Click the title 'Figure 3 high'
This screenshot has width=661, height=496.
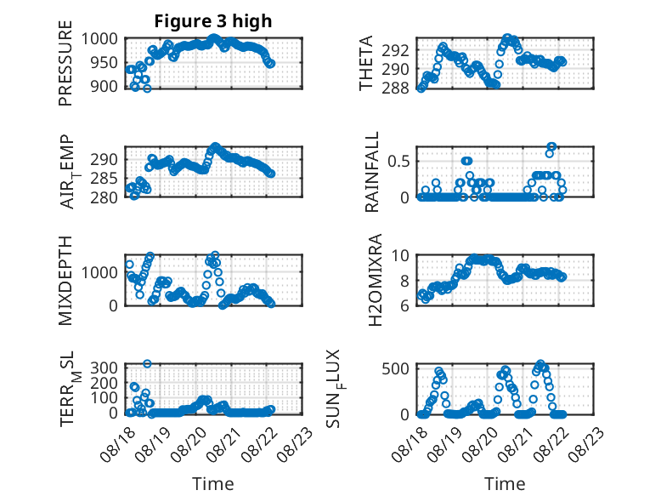click(x=213, y=21)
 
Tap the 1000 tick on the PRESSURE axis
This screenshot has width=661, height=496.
click(x=99, y=39)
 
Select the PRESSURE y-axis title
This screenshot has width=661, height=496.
click(x=65, y=63)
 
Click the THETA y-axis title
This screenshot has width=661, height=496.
click(x=366, y=63)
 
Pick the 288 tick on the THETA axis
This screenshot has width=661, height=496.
click(x=395, y=88)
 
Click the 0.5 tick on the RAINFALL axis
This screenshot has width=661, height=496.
click(x=398, y=161)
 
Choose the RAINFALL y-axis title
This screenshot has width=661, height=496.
click(x=372, y=172)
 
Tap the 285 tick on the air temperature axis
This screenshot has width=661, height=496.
click(x=104, y=178)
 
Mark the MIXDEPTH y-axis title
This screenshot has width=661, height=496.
click(x=65, y=281)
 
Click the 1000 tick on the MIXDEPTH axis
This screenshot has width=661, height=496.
click(x=99, y=272)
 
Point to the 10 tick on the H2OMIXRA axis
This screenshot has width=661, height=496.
click(x=400, y=255)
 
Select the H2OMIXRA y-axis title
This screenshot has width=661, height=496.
click(x=375, y=280)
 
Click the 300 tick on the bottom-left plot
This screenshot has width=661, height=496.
click(x=104, y=368)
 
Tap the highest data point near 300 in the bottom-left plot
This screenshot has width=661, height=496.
click(x=147, y=363)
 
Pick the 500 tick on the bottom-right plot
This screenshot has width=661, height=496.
click(x=395, y=368)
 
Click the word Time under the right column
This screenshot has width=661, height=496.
click(x=505, y=483)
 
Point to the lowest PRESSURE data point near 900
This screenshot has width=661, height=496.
click(x=147, y=88)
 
